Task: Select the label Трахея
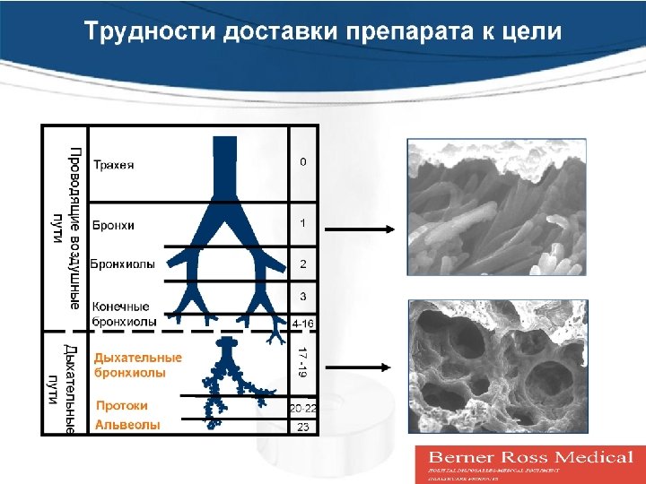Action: point(115,165)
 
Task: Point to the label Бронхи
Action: point(115,225)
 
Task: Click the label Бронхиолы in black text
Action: point(123,264)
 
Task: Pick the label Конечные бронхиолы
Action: point(125,314)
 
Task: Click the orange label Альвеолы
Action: point(127,425)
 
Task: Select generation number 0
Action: point(303,162)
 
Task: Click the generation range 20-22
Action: point(303,408)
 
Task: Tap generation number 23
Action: point(303,428)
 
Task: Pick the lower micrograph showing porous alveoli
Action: point(496,367)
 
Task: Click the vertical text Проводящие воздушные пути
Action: point(67,229)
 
